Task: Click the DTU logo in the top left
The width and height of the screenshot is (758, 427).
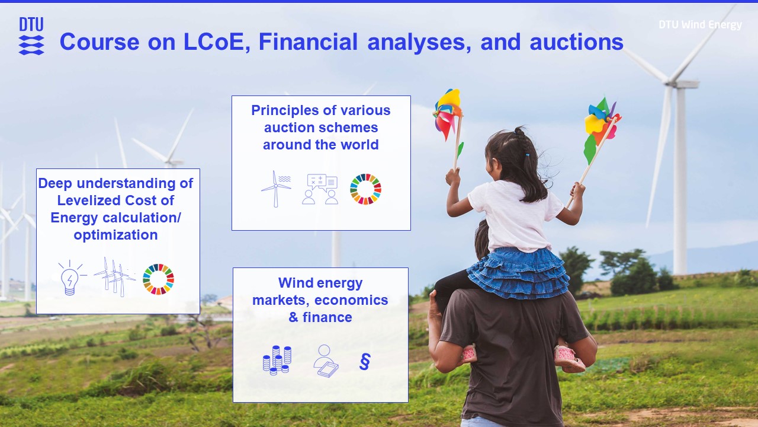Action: click(x=31, y=36)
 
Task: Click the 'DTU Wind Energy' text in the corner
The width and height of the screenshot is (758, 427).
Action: click(x=700, y=25)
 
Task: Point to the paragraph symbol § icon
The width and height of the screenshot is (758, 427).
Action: click(x=365, y=361)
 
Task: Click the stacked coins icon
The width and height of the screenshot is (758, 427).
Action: click(x=277, y=360)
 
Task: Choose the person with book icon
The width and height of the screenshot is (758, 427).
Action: click(x=325, y=360)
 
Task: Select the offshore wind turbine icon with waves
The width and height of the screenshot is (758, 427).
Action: click(x=276, y=189)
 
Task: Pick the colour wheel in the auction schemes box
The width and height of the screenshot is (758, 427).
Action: click(x=365, y=189)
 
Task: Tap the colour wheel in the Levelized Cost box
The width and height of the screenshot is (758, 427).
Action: click(x=158, y=279)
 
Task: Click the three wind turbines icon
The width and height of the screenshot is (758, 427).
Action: click(x=114, y=276)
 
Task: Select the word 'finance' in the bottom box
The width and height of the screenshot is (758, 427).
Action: click(x=327, y=317)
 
